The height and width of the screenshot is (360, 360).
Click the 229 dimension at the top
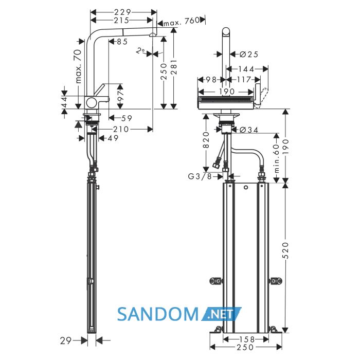pos(122,12)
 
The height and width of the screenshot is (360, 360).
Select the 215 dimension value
pos(121,21)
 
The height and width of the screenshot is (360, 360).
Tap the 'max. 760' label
pos(182,21)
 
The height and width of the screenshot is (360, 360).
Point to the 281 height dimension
pos(174,67)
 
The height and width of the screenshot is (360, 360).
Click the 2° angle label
pos(140,50)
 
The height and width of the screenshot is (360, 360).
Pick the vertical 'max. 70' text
pos(78,66)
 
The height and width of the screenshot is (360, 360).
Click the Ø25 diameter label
pos(248,55)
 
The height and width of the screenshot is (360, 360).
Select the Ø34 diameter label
pos(248,130)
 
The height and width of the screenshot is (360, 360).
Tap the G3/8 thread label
pos(200,176)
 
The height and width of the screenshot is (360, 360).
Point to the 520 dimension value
pos(285,250)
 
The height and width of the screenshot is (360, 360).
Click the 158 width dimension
pos(247,339)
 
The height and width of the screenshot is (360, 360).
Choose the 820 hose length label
pos(206,140)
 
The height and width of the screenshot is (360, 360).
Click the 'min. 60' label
pos(277,158)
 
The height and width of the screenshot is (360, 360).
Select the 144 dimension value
pos(246,69)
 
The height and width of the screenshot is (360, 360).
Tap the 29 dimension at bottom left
pos(66,340)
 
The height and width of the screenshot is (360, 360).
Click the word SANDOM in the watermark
pos(158,314)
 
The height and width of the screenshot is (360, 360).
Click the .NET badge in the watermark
pos(222,314)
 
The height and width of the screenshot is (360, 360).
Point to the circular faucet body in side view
pos(92,102)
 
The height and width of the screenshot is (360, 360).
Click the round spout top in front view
pos(226,31)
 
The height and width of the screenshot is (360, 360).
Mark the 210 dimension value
pos(121,129)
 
